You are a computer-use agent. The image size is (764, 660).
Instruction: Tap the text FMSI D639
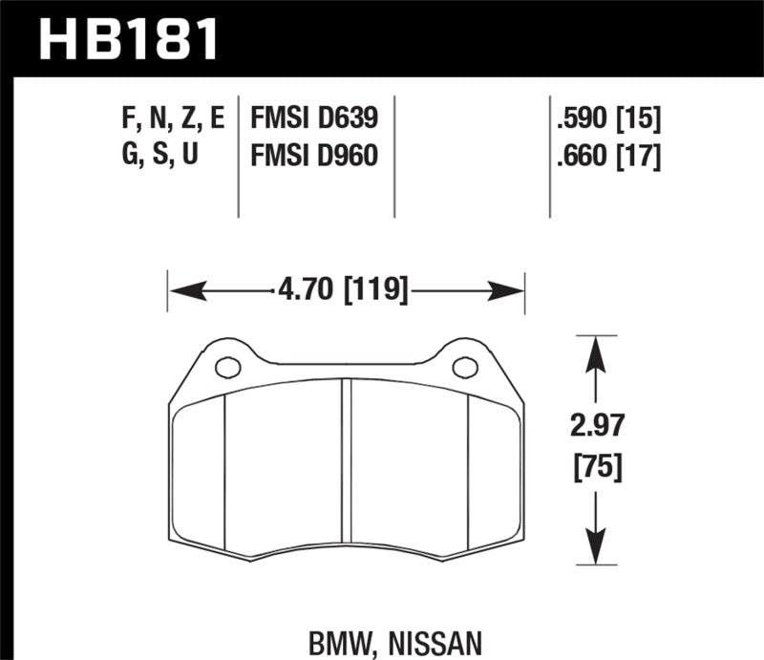pyautogui.click(x=314, y=119)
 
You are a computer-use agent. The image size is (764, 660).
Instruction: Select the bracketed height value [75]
pyautogui.click(x=597, y=467)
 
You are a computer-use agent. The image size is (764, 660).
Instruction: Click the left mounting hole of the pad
pyautogui.click(x=227, y=367)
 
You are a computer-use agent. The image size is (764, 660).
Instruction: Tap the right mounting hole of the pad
pyautogui.click(x=465, y=367)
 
